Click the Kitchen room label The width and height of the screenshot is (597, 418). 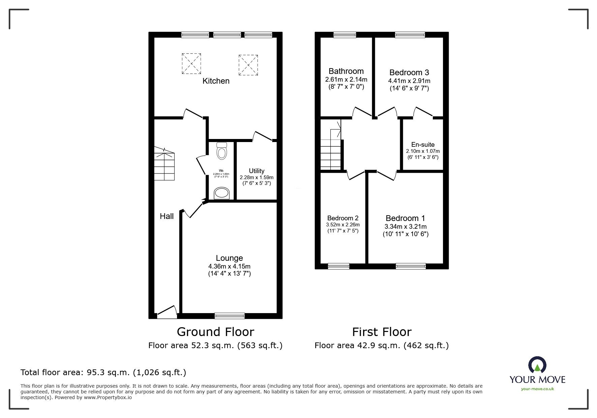point(216,81)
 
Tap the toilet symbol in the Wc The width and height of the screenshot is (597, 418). point(221,151)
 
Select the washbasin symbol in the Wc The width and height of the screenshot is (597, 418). point(221,193)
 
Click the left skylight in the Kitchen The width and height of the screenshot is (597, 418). point(191,63)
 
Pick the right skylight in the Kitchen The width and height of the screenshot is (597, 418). point(248,65)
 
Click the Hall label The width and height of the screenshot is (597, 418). point(167,216)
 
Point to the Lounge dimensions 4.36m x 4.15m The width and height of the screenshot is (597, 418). point(229,266)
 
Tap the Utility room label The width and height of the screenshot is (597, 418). point(257,171)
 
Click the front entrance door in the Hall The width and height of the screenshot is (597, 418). point(167,312)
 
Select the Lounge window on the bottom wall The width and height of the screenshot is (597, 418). point(230,316)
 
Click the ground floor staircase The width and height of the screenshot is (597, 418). point(165,165)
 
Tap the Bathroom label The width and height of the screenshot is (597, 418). point(346,71)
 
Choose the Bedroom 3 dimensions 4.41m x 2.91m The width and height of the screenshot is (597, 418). point(409,81)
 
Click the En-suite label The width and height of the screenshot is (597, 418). point(423,144)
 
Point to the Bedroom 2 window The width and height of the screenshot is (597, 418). point(338,266)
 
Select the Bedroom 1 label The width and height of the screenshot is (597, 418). point(405,218)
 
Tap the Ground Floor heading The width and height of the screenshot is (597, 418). point(215,332)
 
